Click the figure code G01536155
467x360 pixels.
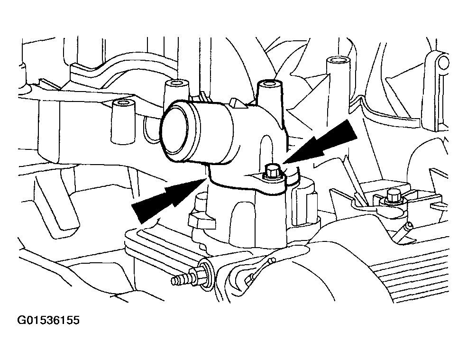click(48, 320)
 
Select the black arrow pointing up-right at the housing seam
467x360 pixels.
click(169, 200)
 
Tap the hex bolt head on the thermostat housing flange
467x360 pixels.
click(272, 172)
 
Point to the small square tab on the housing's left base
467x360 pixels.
click(201, 221)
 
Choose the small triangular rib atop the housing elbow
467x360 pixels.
click(238, 103)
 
